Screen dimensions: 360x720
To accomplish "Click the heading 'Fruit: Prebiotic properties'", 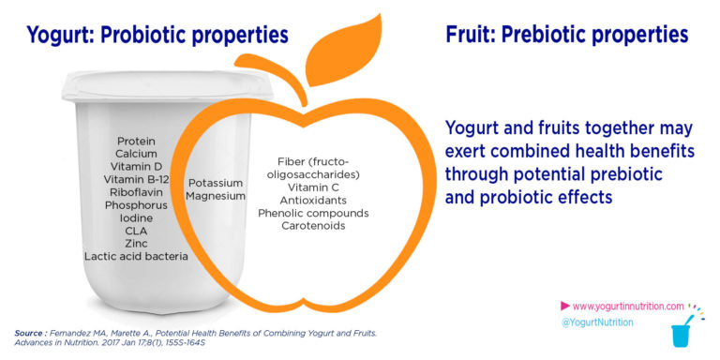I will click(x=567, y=37).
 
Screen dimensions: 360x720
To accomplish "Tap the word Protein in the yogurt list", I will click(x=136, y=141).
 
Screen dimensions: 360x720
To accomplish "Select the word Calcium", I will click(x=136, y=153).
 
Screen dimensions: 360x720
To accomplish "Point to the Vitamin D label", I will click(x=136, y=166).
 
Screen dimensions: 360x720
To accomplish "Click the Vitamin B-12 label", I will click(x=136, y=179).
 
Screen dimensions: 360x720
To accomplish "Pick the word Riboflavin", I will click(x=136, y=191).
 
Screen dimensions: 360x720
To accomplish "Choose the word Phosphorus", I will click(x=136, y=204).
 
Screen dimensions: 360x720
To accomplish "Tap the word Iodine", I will click(x=136, y=217).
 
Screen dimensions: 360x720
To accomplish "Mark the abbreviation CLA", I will click(x=136, y=230).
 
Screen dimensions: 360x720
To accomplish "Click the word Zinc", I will click(x=136, y=242).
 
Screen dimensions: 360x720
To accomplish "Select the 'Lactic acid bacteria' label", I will click(x=136, y=255).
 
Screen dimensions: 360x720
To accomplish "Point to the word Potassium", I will click(x=216, y=183).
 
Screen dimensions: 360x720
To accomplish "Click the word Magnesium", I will click(x=216, y=196).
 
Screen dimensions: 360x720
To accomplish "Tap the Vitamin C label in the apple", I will click(x=313, y=187).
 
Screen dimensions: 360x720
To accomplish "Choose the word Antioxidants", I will click(x=313, y=201).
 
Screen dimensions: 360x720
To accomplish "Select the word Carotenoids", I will click(x=313, y=226).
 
